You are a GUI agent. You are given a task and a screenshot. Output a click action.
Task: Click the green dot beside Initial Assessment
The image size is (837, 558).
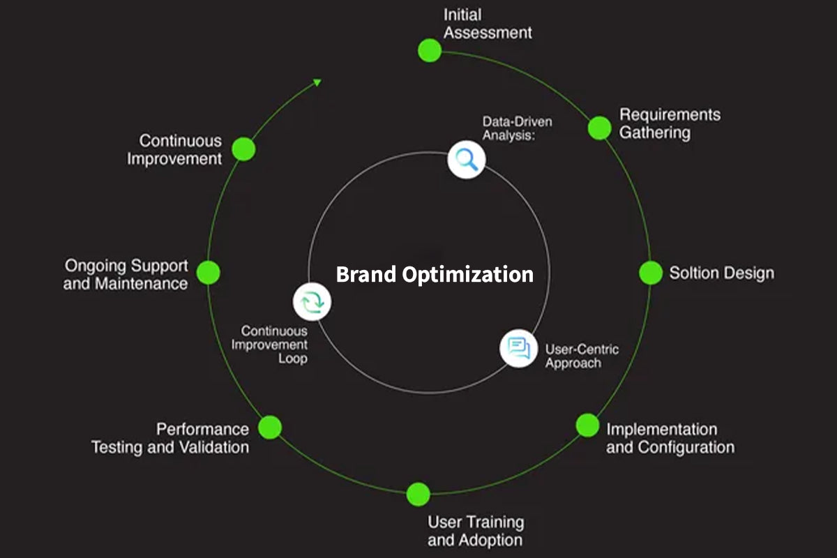coord(430,50)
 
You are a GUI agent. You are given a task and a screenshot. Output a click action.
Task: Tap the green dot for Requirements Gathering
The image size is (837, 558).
coord(599,128)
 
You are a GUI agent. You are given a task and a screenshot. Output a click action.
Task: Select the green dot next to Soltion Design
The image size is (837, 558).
coord(651,273)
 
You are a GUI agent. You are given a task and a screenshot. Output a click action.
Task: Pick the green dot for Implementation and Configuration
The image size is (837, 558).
coord(587,425)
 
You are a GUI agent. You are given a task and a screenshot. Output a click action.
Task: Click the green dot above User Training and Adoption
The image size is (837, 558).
coord(418,494)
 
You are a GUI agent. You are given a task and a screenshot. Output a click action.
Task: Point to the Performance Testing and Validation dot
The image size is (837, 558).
coord(270,427)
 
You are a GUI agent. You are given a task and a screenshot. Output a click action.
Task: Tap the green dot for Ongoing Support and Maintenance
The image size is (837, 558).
coord(208,273)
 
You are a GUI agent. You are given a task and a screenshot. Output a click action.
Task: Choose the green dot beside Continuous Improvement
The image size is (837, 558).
coord(243,149)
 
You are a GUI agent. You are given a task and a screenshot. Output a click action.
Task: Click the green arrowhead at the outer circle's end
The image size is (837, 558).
coord(317,82)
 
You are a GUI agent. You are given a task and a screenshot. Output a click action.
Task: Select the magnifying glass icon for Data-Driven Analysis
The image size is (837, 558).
coord(465,160)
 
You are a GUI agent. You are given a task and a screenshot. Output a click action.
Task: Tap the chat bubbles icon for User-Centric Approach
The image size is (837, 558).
coord(518,347)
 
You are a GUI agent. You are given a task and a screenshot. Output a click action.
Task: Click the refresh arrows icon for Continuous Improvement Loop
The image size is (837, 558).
coord(312,302)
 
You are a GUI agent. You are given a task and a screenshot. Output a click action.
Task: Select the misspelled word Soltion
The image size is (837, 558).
coord(693,273)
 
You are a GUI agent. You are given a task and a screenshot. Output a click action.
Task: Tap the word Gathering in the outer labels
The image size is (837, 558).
coord(655,133)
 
